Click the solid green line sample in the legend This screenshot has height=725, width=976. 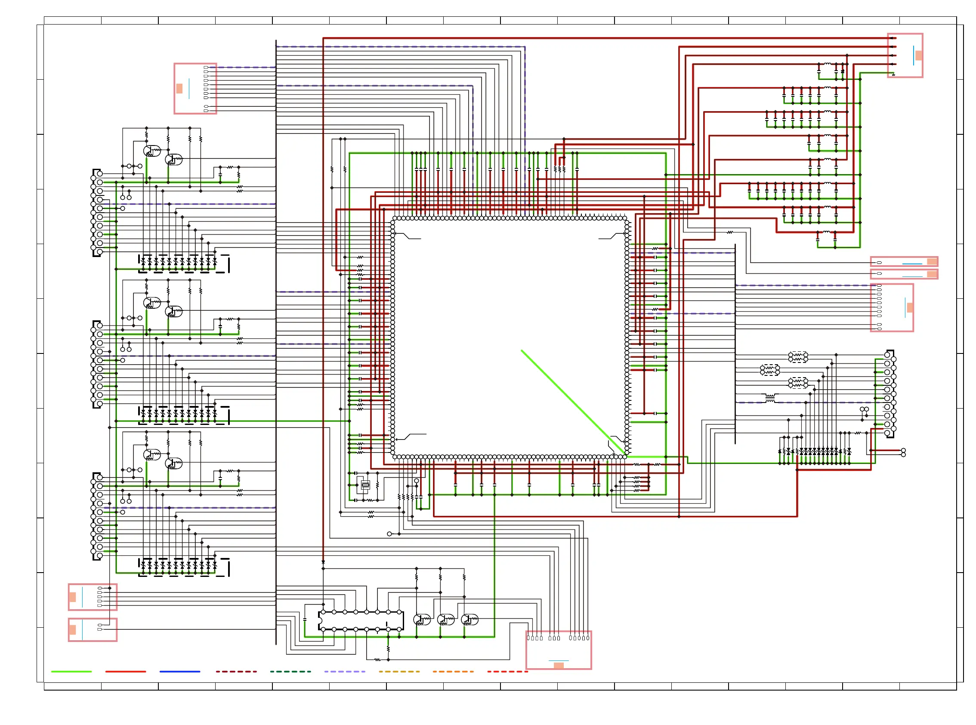[x=71, y=672]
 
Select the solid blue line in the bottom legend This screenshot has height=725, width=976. [x=180, y=672]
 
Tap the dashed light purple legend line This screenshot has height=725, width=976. [x=344, y=672]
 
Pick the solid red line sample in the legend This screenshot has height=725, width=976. [x=126, y=672]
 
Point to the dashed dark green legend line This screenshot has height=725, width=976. [x=290, y=672]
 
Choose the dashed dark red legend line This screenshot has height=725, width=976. [x=236, y=672]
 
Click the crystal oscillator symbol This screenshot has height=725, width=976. [x=365, y=485]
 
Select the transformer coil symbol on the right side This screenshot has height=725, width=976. [x=770, y=399]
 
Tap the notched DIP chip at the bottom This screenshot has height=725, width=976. [x=361, y=620]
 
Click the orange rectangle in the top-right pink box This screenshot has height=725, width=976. [x=918, y=55]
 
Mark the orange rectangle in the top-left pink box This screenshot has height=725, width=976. [x=179, y=89]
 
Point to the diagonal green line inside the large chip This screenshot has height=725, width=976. [x=572, y=402]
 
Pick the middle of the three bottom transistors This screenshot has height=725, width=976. [x=446, y=619]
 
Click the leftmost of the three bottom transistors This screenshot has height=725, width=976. [x=422, y=619]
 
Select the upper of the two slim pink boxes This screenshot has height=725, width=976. [x=904, y=262]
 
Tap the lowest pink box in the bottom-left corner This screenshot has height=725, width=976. [x=93, y=630]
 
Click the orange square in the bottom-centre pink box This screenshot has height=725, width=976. [x=559, y=666]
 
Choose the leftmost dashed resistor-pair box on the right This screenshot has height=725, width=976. [x=770, y=370]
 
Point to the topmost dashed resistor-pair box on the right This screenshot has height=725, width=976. [x=798, y=357]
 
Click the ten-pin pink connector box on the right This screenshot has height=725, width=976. [x=892, y=308]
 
